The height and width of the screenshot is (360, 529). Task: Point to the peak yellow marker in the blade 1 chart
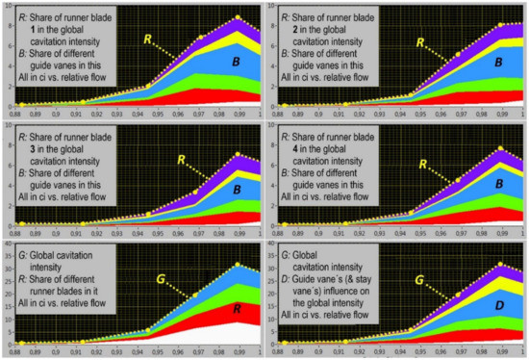coord(238,18)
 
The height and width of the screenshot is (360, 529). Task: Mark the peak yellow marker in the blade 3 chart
coord(238,154)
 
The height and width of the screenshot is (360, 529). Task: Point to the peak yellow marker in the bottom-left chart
coord(238,264)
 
